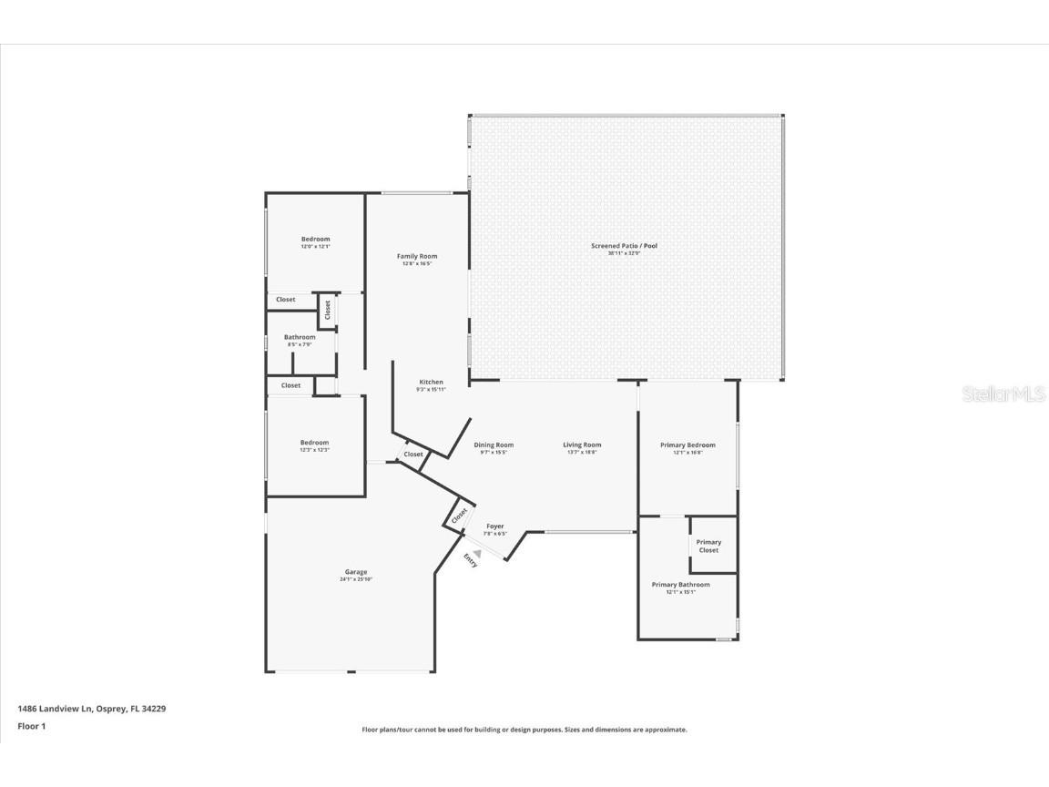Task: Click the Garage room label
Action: [x=355, y=572]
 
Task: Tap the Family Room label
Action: [x=417, y=256]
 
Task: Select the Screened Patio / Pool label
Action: [x=624, y=246]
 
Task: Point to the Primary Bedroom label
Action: [x=687, y=445]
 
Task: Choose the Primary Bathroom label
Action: [x=680, y=585]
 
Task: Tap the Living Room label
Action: [x=582, y=445]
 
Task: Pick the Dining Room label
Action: [x=494, y=445]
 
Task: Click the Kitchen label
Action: [x=432, y=382]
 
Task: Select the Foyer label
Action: [x=494, y=526]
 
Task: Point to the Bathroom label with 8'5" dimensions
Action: [x=300, y=337]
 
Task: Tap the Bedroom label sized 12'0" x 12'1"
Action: [x=316, y=239]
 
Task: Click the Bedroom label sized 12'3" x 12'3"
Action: [x=315, y=443]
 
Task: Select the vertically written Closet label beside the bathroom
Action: [x=328, y=310]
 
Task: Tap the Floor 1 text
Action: [x=31, y=726]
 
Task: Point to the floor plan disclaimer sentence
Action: [x=524, y=730]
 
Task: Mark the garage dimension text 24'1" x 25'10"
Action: [x=355, y=579]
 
